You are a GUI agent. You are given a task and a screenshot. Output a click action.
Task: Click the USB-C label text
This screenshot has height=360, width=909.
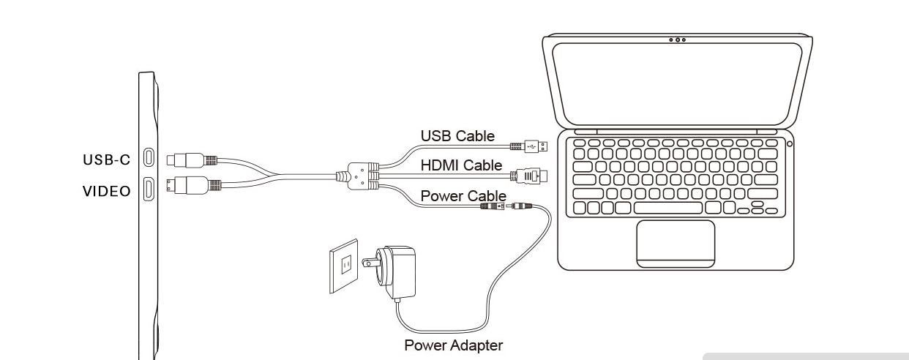pos(106,160)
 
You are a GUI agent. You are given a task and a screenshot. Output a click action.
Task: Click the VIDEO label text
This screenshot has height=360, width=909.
pos(107,191)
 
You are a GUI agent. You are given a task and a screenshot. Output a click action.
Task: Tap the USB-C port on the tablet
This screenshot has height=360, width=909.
pos(149,157)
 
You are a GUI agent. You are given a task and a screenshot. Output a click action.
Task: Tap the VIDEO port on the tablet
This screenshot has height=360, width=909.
pos(149,189)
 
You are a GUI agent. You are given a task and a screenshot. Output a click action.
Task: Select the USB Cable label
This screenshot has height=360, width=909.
pos(457,136)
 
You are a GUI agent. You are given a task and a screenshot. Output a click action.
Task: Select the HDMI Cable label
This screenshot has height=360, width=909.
pos(461,165)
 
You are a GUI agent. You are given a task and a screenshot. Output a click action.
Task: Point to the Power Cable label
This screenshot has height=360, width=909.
pos(463,196)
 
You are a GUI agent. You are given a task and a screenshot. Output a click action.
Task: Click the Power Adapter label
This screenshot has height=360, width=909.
pos(453,345)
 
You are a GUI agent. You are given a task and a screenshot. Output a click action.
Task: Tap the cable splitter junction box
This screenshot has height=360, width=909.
pos(358,176)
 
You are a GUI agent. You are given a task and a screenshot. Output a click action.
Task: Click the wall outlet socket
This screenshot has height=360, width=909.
pos(344,266)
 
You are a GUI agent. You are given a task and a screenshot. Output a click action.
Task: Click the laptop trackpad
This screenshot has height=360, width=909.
pos(676,244)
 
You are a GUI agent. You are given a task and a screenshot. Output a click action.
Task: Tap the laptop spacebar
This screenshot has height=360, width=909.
pos(668,208)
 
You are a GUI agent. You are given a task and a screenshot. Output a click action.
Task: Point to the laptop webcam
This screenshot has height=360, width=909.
pos(677,40)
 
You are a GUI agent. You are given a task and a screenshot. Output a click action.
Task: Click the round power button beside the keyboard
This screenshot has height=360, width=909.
pos(789,143)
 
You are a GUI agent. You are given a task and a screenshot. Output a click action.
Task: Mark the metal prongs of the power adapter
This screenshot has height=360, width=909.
pos(371,263)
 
